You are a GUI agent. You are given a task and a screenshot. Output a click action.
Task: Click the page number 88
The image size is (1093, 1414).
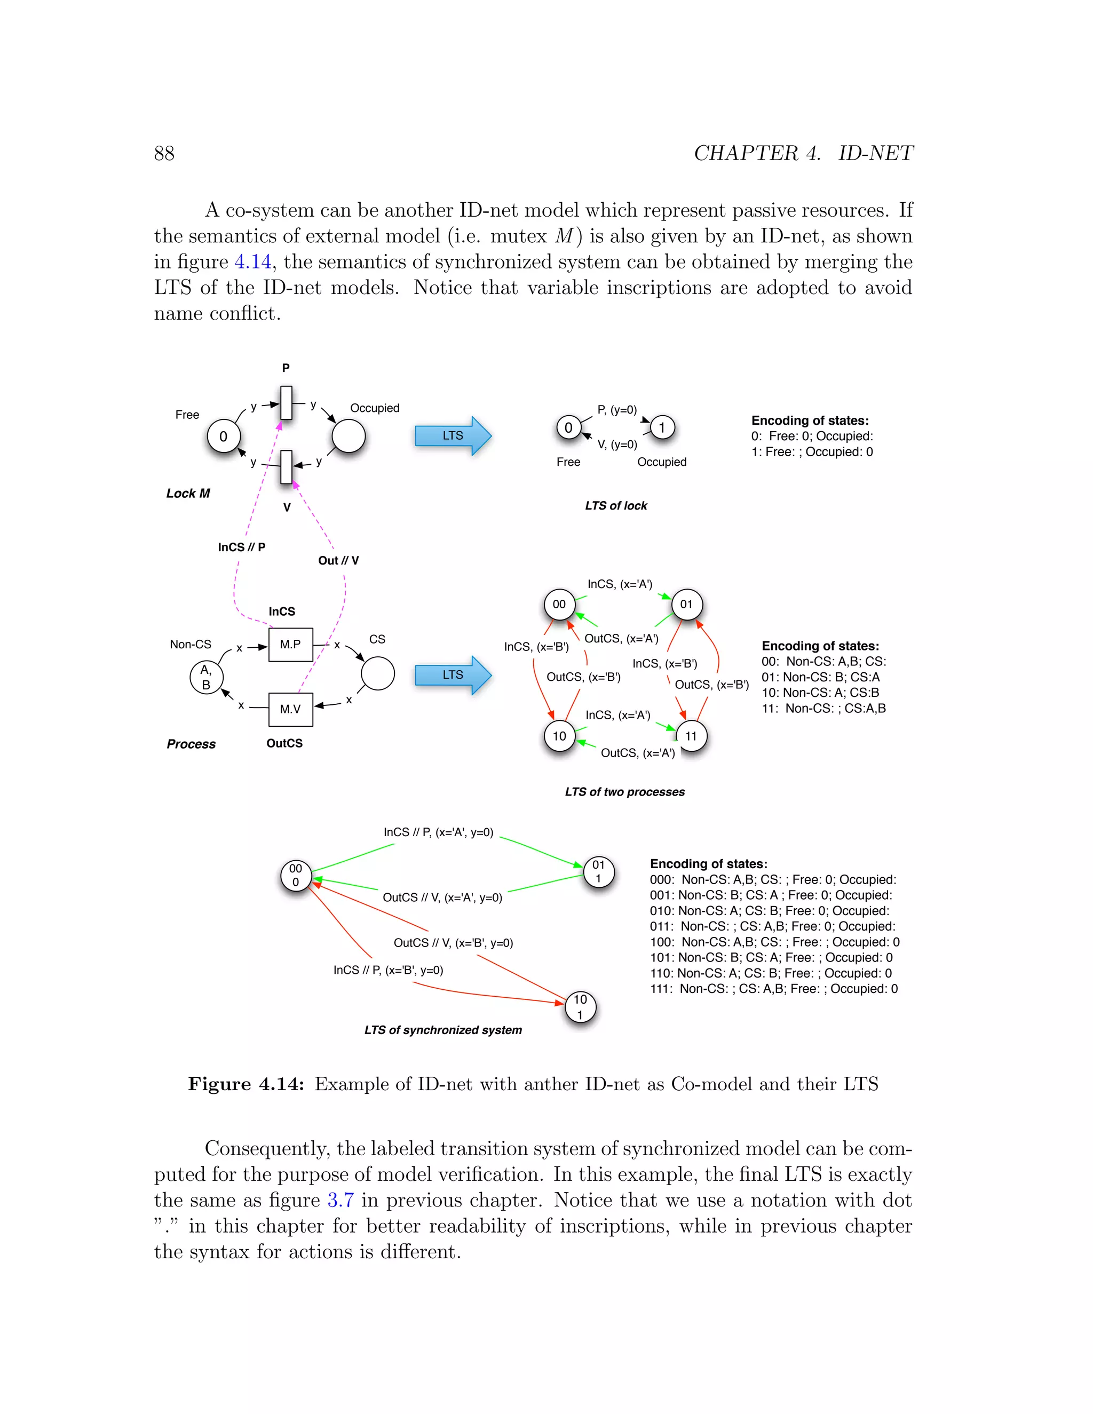164,154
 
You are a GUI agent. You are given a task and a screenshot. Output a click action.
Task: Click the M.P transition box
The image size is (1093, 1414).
290,644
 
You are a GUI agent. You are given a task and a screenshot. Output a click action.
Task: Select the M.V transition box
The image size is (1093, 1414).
290,709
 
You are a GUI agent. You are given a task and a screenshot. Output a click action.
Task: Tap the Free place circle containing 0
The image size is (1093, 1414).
224,436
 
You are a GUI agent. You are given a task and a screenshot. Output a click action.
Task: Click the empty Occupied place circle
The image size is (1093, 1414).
349,436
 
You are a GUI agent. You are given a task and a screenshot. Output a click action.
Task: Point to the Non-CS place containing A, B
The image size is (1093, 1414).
206,677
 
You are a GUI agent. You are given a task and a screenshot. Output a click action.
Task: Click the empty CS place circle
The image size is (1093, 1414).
377,673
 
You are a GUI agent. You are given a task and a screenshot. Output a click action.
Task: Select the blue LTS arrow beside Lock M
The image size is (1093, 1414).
453,436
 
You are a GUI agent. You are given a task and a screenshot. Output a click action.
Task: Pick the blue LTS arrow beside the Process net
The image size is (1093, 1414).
453,674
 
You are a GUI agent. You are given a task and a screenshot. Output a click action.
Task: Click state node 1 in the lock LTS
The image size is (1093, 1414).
662,427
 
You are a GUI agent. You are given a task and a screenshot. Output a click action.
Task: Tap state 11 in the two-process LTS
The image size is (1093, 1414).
691,736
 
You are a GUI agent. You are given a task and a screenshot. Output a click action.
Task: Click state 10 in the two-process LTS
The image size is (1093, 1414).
559,736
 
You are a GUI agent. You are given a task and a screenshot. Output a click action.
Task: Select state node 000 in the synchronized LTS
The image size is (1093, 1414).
296,875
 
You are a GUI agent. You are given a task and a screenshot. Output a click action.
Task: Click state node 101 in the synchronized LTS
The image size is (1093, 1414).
580,1007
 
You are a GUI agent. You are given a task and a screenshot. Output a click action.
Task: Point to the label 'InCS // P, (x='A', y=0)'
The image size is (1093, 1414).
438,832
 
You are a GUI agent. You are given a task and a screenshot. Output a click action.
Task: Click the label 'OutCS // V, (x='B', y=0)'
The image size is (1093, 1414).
453,943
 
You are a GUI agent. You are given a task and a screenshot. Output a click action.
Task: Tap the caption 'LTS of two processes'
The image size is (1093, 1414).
624,792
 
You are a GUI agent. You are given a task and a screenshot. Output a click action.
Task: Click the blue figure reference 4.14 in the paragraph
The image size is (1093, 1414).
252,262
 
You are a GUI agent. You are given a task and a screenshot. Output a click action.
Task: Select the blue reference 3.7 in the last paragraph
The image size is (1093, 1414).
340,1201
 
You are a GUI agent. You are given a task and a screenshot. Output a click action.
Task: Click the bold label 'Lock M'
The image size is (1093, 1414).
188,494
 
